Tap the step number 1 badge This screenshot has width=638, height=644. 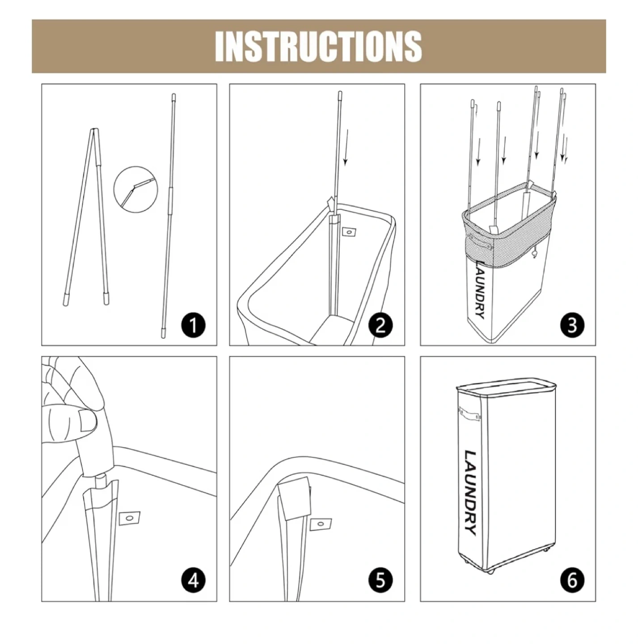coord(193,325)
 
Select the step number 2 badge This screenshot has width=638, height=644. coord(380,325)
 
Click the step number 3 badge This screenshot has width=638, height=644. coord(572,325)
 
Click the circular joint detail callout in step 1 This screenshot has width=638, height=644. coord(135,189)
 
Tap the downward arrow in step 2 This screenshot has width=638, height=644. coord(346,148)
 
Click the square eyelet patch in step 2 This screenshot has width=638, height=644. coord(349,232)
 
